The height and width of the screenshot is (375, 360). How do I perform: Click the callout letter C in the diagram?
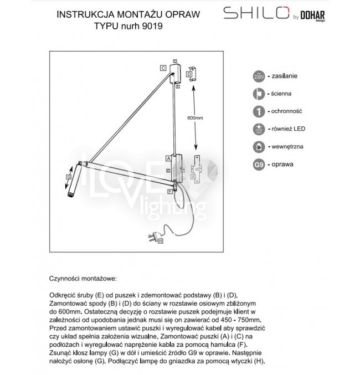pos(164,68)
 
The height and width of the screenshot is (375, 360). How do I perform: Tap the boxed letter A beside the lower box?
pos(168,158)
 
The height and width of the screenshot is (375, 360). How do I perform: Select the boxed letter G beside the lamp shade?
pos(69,177)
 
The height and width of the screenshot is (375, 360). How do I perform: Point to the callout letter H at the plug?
pos(160,241)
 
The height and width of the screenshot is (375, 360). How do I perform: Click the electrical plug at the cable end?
pos(152,238)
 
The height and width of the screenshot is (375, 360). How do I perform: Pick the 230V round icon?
pos(258,76)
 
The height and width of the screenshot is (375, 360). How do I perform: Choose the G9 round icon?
pos(258,165)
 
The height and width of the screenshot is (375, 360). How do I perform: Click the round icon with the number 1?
pos(258,112)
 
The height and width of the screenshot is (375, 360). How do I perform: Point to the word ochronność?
pos(287,112)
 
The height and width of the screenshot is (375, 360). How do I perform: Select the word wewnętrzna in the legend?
pos(289,147)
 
